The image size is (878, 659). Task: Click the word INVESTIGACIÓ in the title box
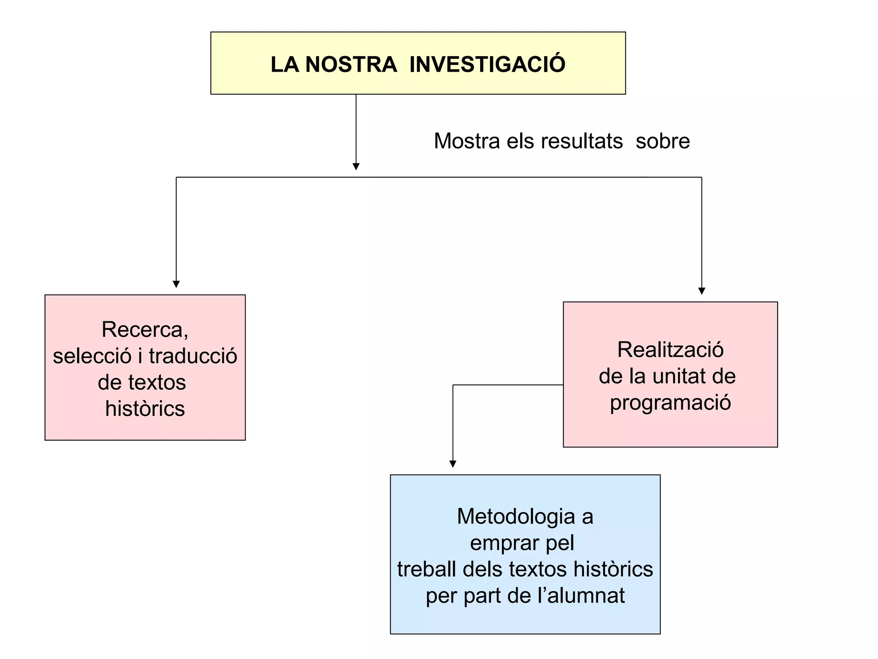(x=487, y=64)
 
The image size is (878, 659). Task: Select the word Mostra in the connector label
(x=466, y=141)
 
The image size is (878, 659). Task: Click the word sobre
(x=662, y=141)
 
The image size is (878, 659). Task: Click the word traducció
(x=193, y=356)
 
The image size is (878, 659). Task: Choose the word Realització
(x=670, y=350)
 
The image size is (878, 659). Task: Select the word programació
(x=670, y=402)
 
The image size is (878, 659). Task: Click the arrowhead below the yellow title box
(x=356, y=166)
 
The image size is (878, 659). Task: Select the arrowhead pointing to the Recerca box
(x=176, y=284)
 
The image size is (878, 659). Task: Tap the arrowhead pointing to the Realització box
(x=701, y=291)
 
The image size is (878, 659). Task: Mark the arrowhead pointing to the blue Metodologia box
(x=453, y=464)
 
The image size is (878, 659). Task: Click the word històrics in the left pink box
(x=145, y=408)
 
